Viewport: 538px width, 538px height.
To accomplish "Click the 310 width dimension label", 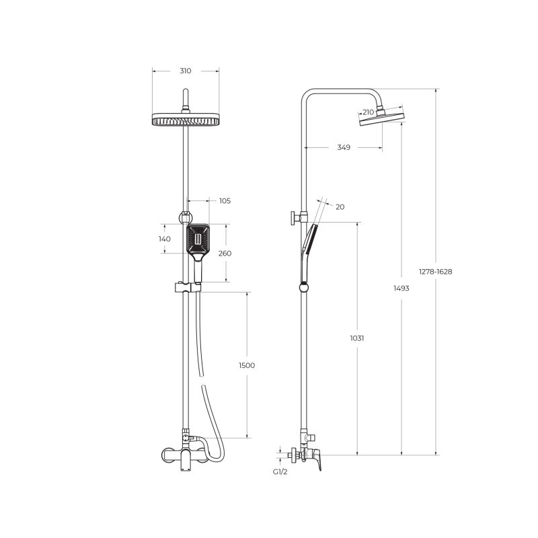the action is pyautogui.click(x=186, y=71).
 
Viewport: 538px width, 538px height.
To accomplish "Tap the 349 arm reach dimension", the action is pyautogui.click(x=344, y=147).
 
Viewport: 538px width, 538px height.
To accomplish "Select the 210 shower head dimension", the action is pyautogui.click(x=368, y=112).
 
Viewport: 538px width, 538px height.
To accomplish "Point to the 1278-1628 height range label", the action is pyautogui.click(x=435, y=272).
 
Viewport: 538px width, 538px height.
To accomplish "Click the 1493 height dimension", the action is pyautogui.click(x=401, y=289).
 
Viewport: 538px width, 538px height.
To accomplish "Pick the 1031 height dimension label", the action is pyautogui.click(x=357, y=338).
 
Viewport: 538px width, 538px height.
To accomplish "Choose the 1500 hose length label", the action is pyautogui.click(x=247, y=365).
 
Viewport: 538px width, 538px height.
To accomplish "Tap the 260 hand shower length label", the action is pyautogui.click(x=225, y=254).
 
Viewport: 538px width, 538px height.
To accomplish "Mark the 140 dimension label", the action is pyautogui.click(x=165, y=239).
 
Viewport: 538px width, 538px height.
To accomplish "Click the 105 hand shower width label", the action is pyautogui.click(x=225, y=201).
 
